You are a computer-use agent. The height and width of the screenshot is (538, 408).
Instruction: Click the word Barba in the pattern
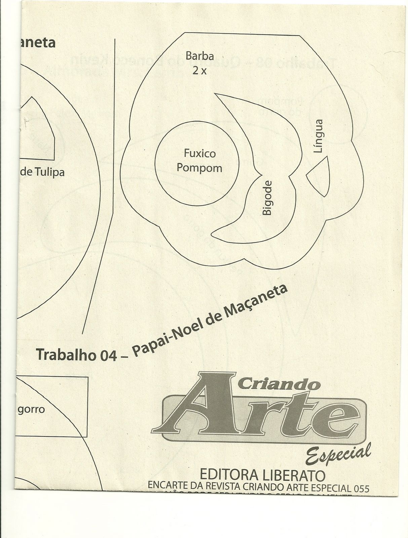[200, 56]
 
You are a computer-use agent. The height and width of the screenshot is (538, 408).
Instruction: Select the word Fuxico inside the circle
[200, 154]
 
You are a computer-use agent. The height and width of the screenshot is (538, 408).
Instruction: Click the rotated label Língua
[318, 136]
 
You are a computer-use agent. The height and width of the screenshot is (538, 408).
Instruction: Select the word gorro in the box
[31, 410]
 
